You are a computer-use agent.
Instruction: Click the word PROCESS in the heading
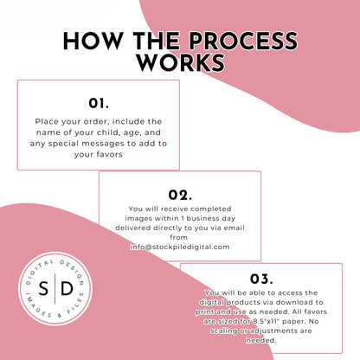[x=243, y=42]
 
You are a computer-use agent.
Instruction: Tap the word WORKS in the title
[x=181, y=62]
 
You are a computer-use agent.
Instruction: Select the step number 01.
[x=99, y=103]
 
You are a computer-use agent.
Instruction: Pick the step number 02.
[x=180, y=195]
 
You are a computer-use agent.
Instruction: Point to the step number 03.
[x=261, y=279]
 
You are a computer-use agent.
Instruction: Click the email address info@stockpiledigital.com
[x=180, y=247]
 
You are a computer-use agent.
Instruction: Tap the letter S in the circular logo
[x=43, y=288]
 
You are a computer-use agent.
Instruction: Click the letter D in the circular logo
[x=67, y=288]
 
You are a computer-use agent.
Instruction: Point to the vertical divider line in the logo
[x=55, y=288]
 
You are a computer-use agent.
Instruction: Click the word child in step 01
[x=109, y=132]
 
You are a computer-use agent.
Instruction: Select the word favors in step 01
[x=109, y=154]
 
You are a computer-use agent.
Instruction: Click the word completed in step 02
[x=211, y=209]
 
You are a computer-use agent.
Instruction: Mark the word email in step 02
[x=235, y=228]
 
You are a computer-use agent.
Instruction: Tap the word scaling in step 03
[x=224, y=331]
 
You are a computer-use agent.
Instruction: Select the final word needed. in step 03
[x=261, y=340]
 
